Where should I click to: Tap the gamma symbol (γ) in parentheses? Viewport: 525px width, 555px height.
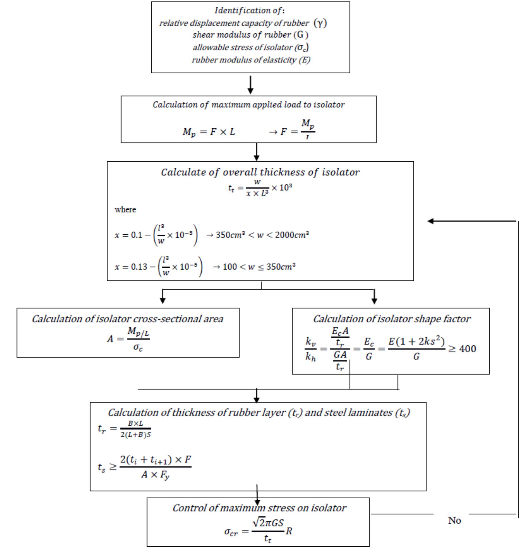click(320, 23)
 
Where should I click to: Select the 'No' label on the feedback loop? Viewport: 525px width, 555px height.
click(455, 520)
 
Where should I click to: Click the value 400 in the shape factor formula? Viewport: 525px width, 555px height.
click(468, 349)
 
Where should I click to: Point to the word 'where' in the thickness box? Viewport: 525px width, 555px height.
click(125, 209)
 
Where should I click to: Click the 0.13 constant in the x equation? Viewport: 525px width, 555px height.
click(139, 267)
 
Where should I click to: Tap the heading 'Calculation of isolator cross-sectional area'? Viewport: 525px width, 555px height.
click(127, 319)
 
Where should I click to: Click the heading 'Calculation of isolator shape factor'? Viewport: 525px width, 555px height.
click(392, 319)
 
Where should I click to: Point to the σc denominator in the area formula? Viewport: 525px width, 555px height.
click(138, 347)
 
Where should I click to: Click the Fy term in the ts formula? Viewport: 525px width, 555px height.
click(165, 475)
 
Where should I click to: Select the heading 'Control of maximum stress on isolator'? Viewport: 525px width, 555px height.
click(259, 508)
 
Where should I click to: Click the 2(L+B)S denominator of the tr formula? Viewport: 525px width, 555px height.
click(135, 435)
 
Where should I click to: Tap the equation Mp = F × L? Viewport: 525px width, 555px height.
click(209, 132)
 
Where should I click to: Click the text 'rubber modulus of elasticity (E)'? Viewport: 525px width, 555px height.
click(251, 60)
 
